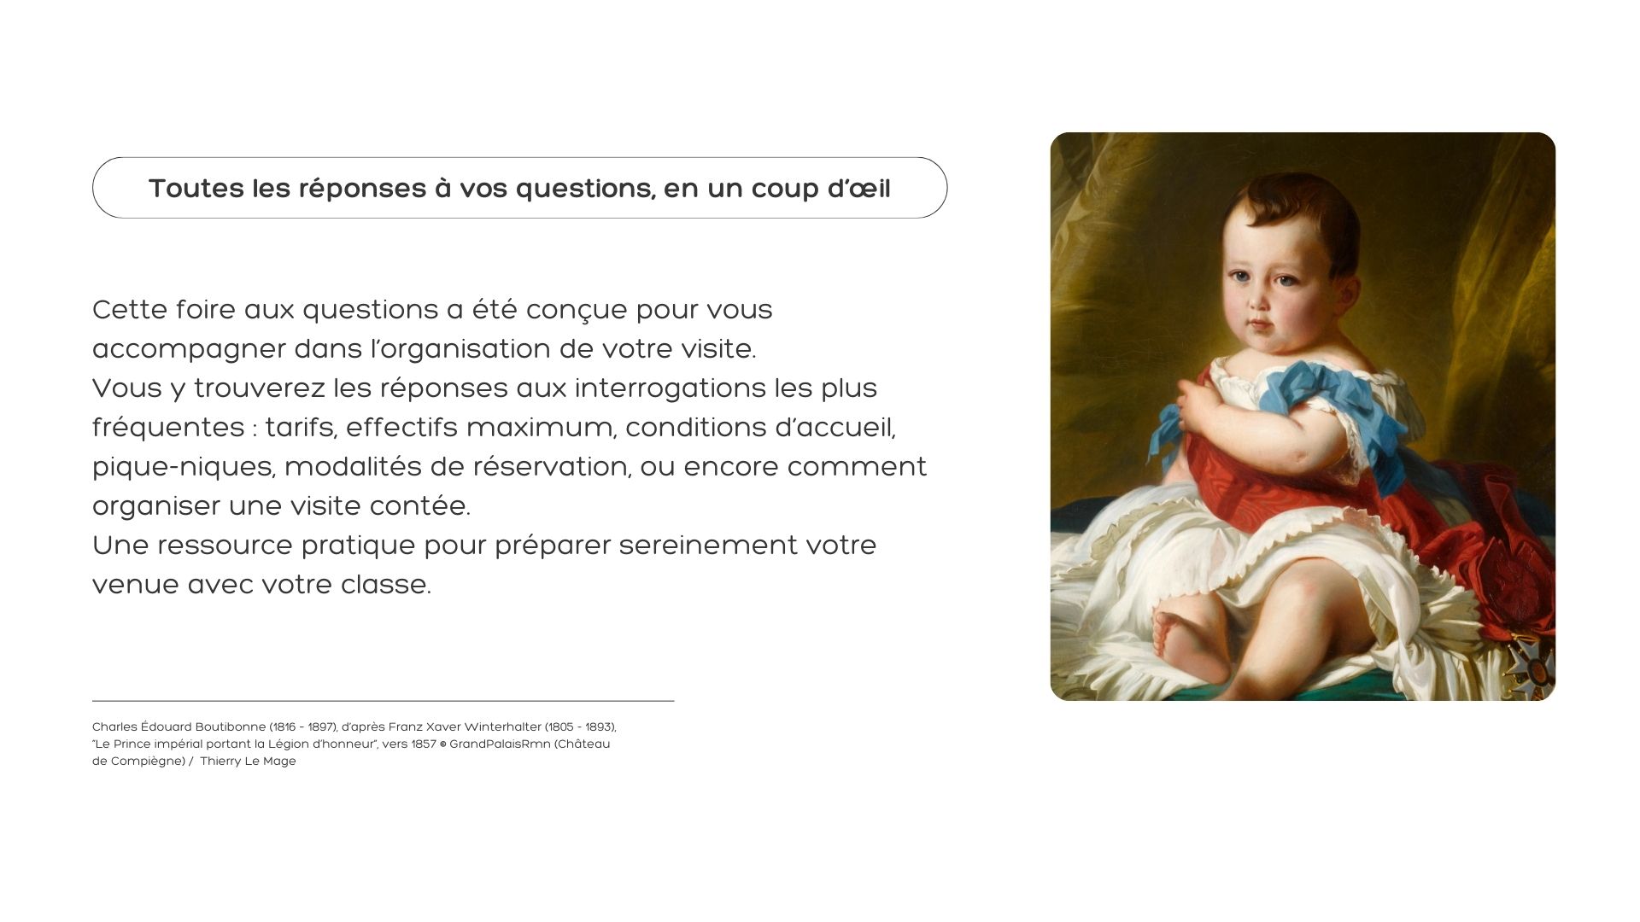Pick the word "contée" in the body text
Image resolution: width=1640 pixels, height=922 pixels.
pyautogui.click(x=419, y=505)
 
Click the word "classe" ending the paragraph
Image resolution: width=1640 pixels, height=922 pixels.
pyautogui.click(x=385, y=584)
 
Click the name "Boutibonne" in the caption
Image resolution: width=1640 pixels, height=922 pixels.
pyautogui.click(x=231, y=727)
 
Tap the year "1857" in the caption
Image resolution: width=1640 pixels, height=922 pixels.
pyautogui.click(x=424, y=744)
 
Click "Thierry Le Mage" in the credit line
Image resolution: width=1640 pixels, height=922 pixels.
pyautogui.click(x=248, y=762)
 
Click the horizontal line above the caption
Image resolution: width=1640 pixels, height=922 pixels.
pyautogui.click(x=383, y=701)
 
